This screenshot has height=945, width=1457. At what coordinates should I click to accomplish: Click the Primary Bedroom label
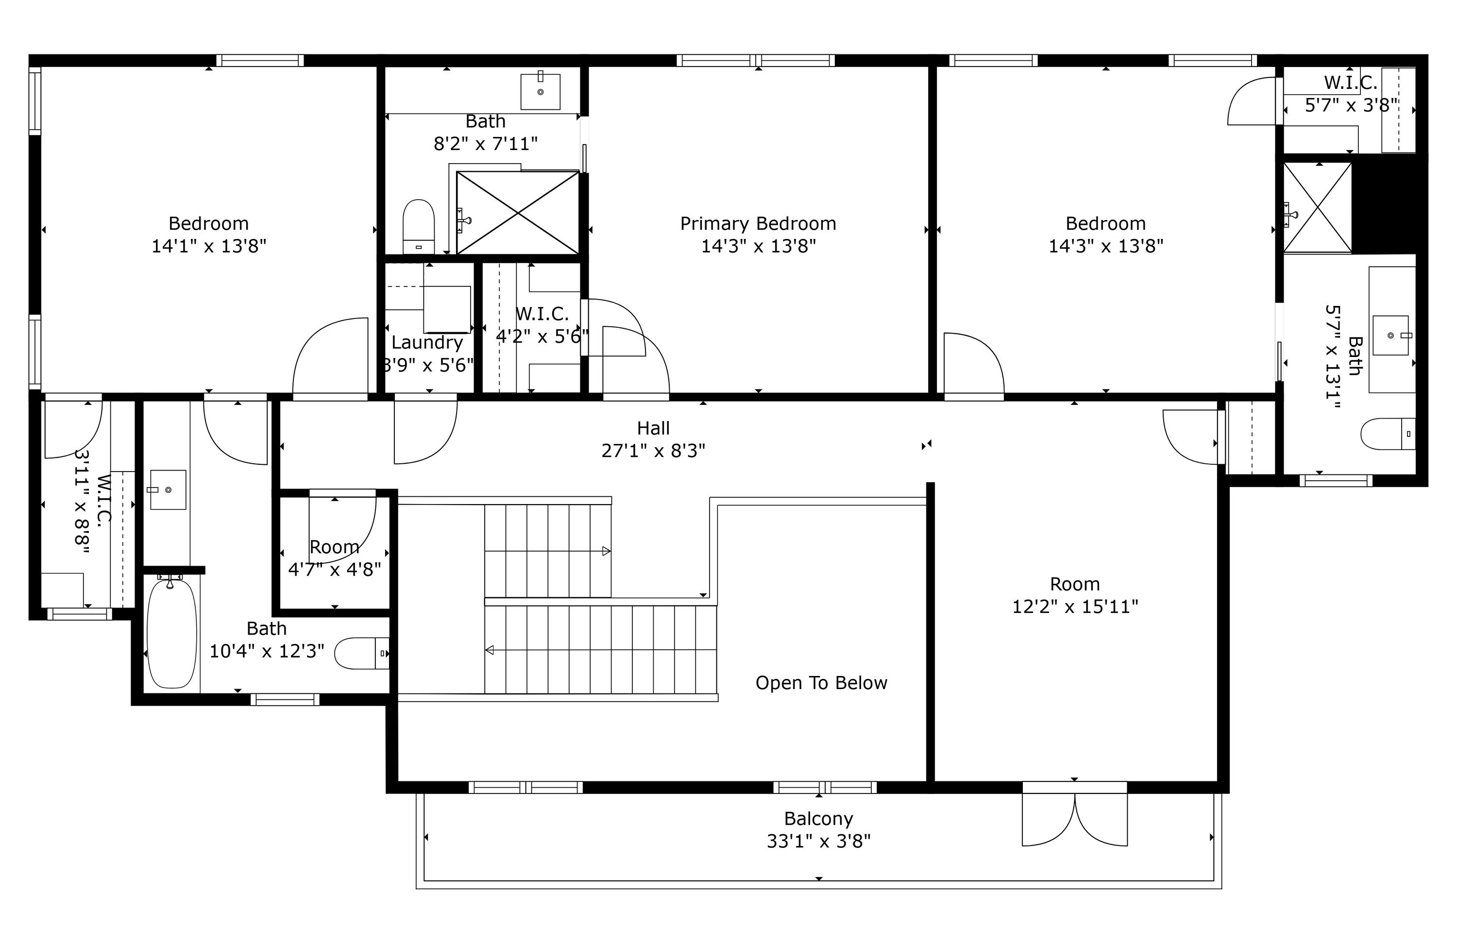point(758,223)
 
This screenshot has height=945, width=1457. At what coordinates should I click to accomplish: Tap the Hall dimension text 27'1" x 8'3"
point(653,451)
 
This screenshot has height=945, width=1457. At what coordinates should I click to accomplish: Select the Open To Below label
point(821,682)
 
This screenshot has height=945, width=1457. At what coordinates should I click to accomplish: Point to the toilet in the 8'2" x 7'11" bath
point(419,226)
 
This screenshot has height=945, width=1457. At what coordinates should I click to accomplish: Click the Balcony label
point(818,818)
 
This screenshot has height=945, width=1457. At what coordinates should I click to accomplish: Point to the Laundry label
point(427,343)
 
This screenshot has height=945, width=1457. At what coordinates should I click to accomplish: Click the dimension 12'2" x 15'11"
point(1075,607)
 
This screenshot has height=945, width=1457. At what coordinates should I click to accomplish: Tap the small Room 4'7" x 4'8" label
point(334,547)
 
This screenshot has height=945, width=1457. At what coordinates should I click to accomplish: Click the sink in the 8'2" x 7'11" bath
point(540,92)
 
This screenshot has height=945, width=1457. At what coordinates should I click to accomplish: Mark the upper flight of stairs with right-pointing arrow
point(547,551)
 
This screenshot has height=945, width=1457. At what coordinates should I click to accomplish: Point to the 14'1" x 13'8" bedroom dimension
point(209,246)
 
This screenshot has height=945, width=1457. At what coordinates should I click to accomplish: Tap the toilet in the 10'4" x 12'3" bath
point(361,653)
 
